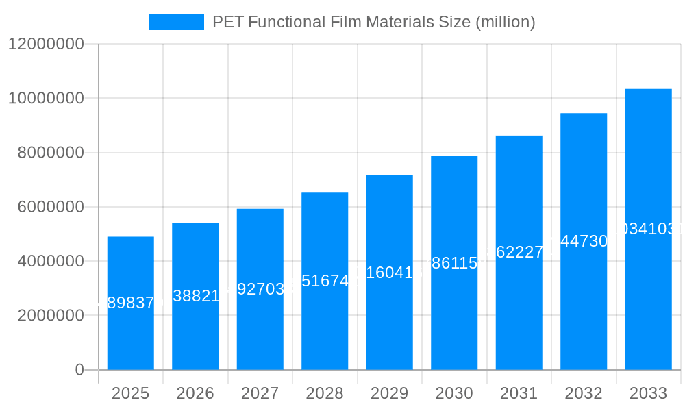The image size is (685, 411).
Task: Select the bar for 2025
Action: coord(130,336)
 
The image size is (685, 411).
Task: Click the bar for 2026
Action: coord(195,329)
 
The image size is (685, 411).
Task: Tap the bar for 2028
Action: coord(325,322)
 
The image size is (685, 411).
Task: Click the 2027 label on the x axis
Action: coord(260,393)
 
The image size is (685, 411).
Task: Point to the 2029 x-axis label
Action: coord(389,393)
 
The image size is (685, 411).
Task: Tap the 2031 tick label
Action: coord(519,393)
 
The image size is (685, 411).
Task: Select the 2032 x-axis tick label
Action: coord(584,393)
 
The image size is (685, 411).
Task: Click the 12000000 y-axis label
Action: coord(45,45)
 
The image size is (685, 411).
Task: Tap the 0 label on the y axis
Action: coord(79,370)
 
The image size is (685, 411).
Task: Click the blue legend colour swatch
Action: coord(177,22)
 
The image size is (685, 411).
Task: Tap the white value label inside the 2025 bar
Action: coord(127,303)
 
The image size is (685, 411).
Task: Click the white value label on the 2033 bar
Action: coord(651,229)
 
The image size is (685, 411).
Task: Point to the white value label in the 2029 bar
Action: coord(389,273)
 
